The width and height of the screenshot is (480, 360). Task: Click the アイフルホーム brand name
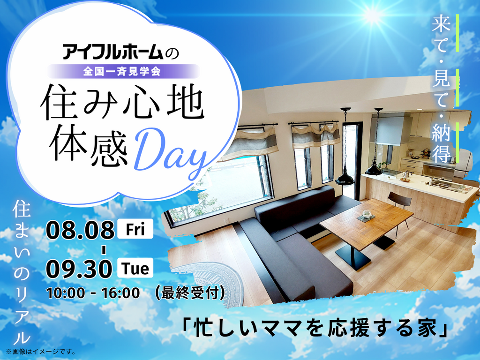[112, 52]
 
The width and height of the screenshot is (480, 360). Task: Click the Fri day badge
[135, 229]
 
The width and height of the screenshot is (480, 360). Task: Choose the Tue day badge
[135, 268]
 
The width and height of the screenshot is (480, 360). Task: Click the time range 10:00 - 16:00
[93, 293]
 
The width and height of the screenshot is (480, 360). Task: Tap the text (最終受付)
[190, 292]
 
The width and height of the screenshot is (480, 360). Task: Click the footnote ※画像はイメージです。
[40, 352]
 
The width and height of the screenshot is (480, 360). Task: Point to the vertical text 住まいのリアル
[22, 272]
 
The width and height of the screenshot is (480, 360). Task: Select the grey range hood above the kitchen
[388, 128]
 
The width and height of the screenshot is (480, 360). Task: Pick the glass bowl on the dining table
[367, 214]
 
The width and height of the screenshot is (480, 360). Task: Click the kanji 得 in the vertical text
[442, 154]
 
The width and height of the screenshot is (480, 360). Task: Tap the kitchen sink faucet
[435, 180]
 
